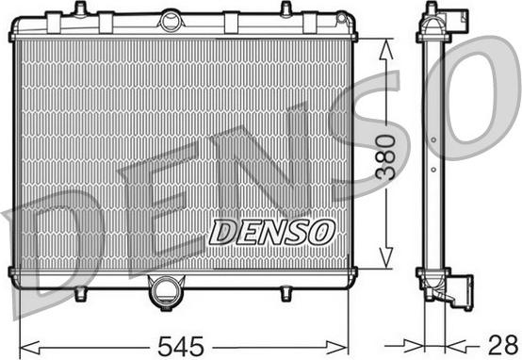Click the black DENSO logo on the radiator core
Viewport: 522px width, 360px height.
pyautogui.click(x=271, y=228)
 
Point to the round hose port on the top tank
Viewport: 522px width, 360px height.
pyautogui.click(x=171, y=19)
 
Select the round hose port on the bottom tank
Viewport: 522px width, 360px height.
pyautogui.click(x=166, y=292)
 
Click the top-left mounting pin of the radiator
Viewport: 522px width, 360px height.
pyautogui.click(x=80, y=8)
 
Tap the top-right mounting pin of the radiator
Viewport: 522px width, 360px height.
pyautogui.click(x=285, y=8)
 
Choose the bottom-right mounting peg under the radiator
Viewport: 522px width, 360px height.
pyautogui.click(x=285, y=293)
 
